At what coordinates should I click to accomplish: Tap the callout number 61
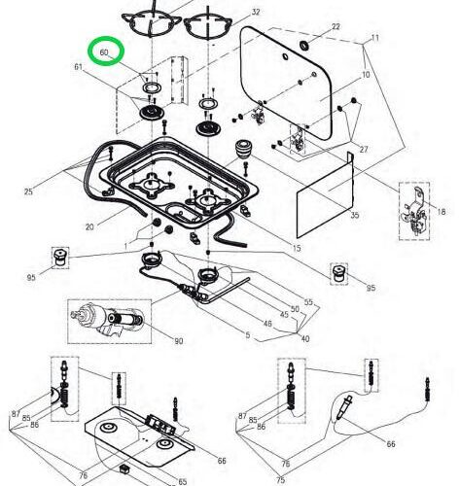(79, 67)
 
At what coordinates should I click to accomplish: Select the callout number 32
(256, 12)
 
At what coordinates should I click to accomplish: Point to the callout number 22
(335, 26)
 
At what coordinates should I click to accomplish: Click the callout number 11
(374, 38)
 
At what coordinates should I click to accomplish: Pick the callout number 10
(366, 75)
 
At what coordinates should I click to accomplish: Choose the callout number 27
(364, 150)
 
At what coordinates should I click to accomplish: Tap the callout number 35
(355, 215)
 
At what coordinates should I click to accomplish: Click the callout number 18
(441, 212)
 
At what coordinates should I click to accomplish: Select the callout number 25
(28, 191)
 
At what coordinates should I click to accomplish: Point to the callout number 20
(89, 226)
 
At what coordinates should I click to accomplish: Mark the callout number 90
(179, 341)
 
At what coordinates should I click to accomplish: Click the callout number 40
(305, 339)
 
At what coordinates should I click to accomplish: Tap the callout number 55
(308, 302)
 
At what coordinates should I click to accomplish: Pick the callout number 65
(183, 481)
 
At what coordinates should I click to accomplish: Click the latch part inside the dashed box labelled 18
(414, 212)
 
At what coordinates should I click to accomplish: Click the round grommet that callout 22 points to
(304, 46)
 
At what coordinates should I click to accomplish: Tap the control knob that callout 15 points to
(243, 149)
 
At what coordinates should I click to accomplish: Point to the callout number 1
(126, 247)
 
